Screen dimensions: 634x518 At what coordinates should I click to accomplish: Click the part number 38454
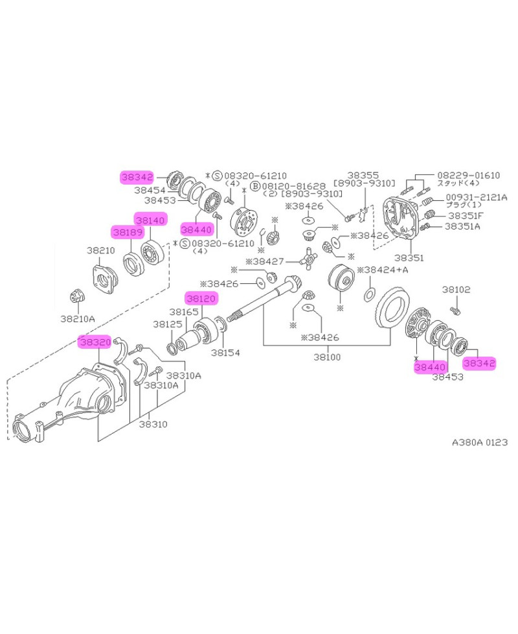coord(150,191)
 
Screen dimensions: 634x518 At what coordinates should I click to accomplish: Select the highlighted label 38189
coord(127,231)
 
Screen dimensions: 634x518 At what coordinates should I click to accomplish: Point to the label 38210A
coord(78,318)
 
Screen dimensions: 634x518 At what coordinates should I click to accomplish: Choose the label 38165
coord(183,312)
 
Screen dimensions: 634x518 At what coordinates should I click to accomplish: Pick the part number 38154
coord(225,353)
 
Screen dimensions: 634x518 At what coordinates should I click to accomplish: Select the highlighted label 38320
coord(95,342)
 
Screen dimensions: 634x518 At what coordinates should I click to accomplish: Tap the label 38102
coord(456,290)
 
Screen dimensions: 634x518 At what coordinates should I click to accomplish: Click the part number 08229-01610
coord(468,175)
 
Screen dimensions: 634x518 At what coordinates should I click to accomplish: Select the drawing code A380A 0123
coord(480,443)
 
